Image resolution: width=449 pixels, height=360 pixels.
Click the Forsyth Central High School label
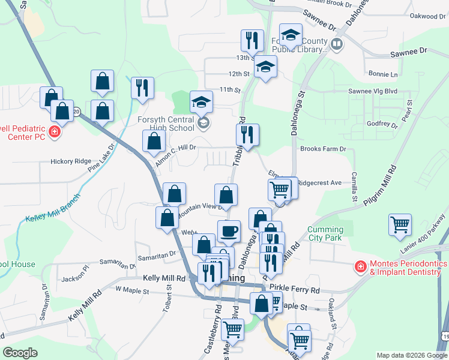pos(164,123)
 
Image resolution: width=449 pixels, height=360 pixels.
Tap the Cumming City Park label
pos(325,234)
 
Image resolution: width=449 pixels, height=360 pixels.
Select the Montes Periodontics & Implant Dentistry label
pos(408,268)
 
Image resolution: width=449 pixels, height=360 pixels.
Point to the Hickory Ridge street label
pos(71,161)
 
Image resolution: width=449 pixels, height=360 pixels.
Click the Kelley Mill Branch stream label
pos(49,214)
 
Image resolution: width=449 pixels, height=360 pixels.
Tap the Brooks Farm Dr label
pos(324,149)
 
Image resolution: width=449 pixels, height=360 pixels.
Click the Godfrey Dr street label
pos(382,124)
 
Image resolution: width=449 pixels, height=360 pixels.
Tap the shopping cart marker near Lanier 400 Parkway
pos(400,224)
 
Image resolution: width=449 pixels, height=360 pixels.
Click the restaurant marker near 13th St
pos(252,40)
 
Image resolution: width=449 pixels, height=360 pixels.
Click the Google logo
pos(20,353)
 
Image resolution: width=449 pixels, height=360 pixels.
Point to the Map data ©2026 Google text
pos(411,355)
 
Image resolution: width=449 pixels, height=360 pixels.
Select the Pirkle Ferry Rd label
pos(295,289)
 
